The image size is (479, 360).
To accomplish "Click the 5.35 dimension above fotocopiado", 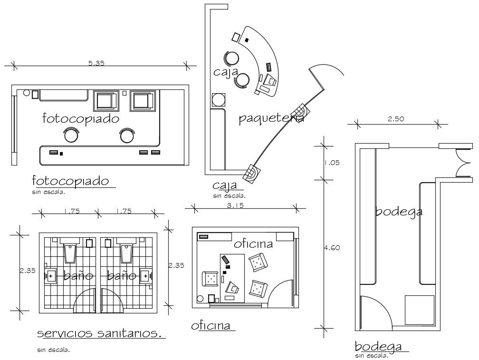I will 96,64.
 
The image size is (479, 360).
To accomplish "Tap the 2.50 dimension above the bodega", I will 395,119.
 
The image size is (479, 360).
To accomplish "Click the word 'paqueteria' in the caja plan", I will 271,118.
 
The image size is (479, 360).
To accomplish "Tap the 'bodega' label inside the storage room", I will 399,211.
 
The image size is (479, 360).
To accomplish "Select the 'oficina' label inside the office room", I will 253,244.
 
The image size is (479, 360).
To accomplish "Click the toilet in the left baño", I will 70,253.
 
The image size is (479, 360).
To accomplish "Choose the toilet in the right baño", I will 127,253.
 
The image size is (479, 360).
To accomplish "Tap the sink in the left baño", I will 51,275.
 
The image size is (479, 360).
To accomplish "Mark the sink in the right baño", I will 145,275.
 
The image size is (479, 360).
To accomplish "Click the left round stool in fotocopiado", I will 71,136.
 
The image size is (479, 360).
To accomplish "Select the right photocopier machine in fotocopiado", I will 142,101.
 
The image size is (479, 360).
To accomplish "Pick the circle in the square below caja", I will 219,100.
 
